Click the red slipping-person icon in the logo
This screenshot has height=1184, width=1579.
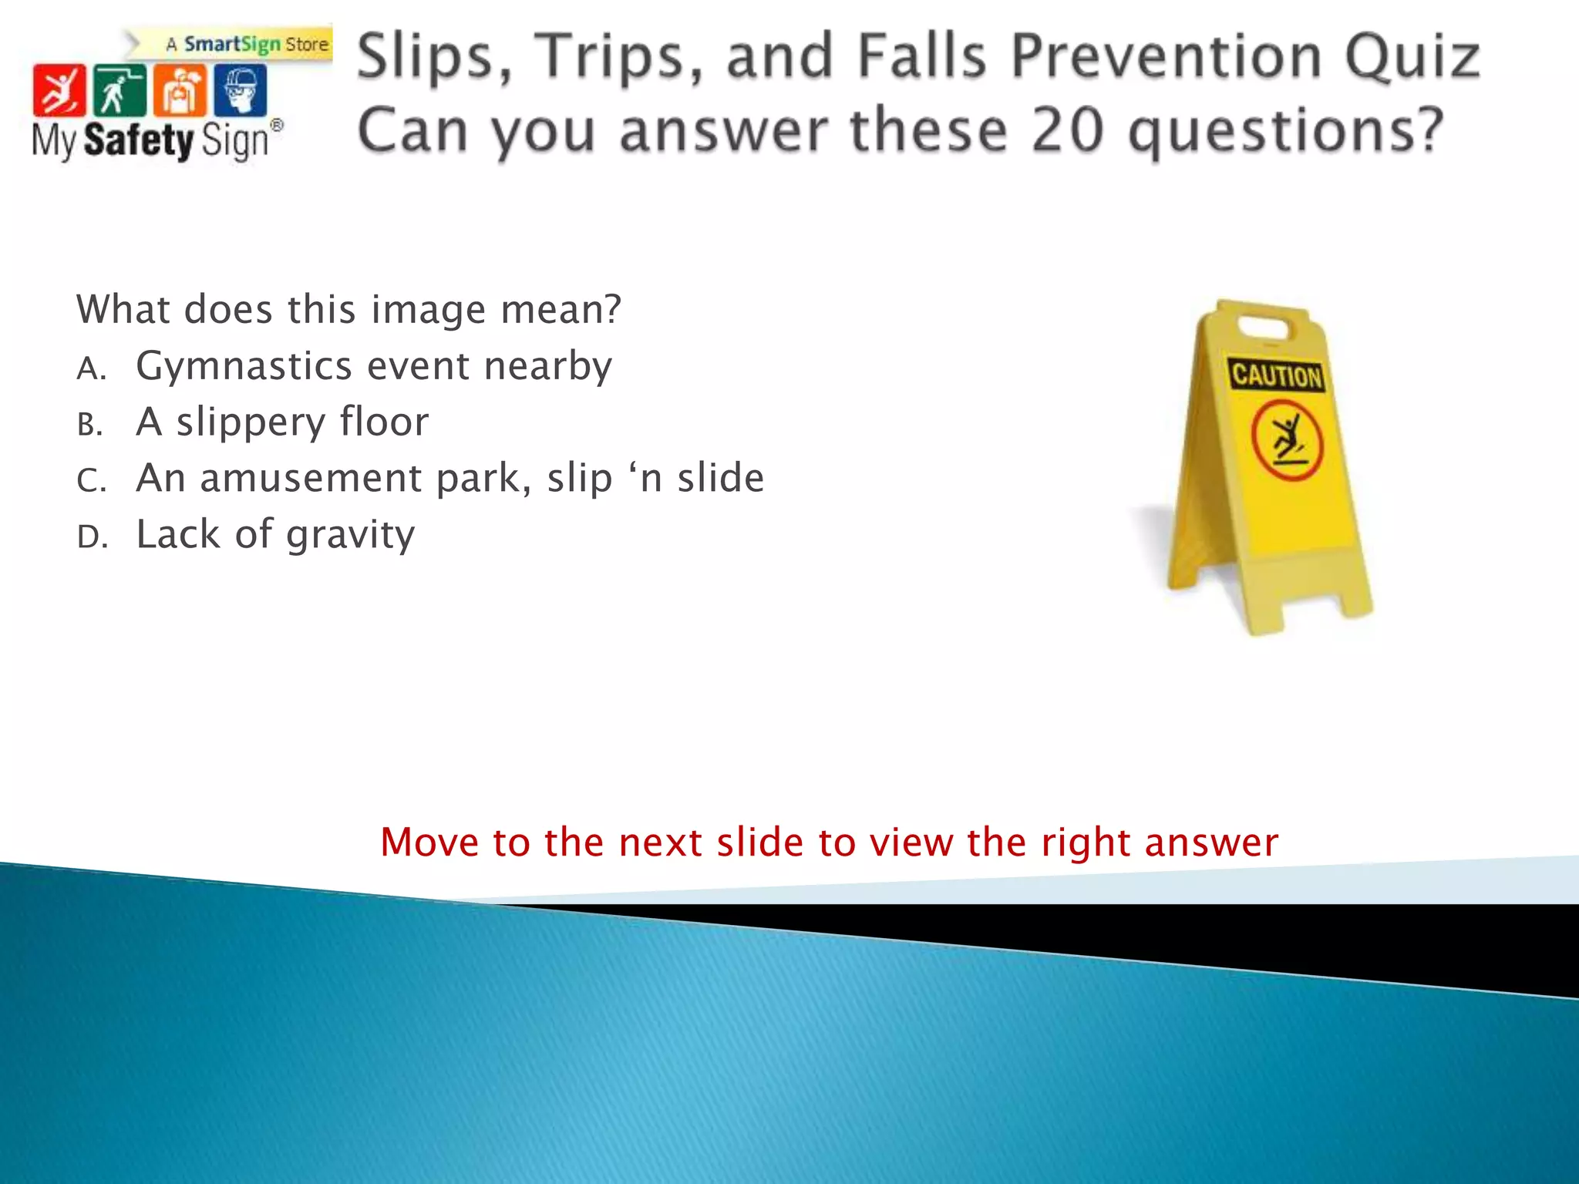pos(59,90)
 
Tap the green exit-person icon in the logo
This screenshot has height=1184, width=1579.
pos(119,90)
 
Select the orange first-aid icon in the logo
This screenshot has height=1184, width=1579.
pos(180,90)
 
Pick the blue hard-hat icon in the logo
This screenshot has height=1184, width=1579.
pos(240,90)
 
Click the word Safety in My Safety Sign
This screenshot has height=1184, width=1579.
pos(139,140)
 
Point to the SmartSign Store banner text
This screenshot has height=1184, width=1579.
pos(247,45)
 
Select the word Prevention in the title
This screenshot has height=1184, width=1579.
pos(1166,57)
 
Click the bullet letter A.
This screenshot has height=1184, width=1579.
pos(91,369)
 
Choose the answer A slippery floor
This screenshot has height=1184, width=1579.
pos(281,422)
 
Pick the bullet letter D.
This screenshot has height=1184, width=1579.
pos(92,537)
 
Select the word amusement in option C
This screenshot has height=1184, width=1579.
pos(311,478)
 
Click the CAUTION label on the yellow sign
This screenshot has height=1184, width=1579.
pos(1276,375)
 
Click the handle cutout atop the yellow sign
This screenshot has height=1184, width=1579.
pos(1262,328)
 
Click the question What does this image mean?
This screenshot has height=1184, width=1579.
pos(348,310)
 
